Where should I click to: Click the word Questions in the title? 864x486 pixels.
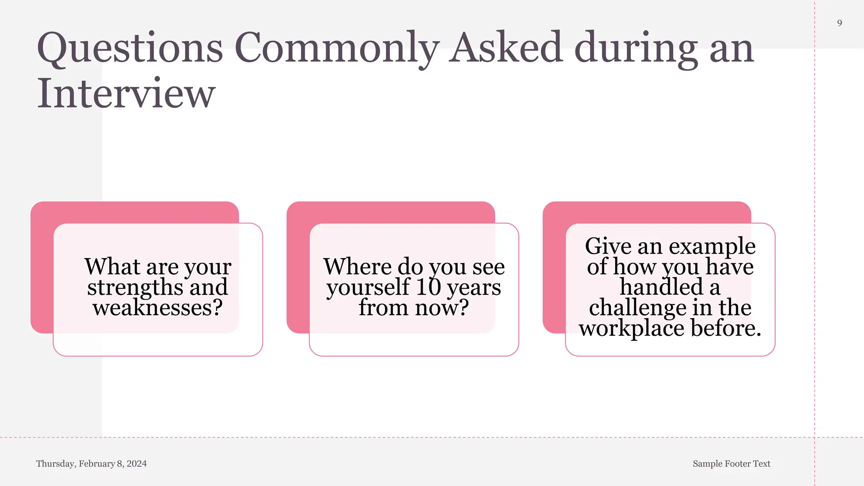(x=130, y=48)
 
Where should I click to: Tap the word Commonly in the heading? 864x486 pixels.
(x=337, y=48)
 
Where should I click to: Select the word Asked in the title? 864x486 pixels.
(x=505, y=47)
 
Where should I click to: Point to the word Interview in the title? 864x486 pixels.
(x=126, y=94)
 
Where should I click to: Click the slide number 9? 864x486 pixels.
(x=840, y=23)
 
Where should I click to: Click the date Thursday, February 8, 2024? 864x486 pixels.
(x=92, y=464)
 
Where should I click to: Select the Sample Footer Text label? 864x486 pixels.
(x=731, y=464)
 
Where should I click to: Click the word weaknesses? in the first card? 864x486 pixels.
(x=158, y=308)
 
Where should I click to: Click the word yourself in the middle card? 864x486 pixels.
(x=368, y=288)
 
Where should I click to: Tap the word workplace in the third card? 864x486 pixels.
(x=631, y=329)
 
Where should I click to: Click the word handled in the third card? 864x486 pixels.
(x=661, y=287)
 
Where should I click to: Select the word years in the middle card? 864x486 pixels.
(x=474, y=288)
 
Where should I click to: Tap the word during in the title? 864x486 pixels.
(x=636, y=48)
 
